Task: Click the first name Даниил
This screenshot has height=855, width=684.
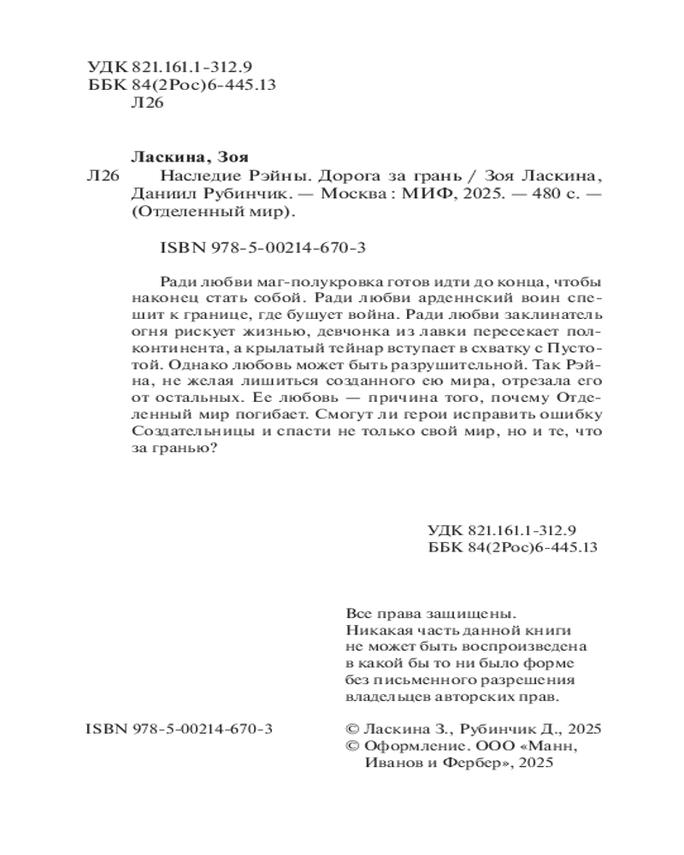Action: [159, 196]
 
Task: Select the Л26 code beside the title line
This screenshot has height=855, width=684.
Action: [103, 177]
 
